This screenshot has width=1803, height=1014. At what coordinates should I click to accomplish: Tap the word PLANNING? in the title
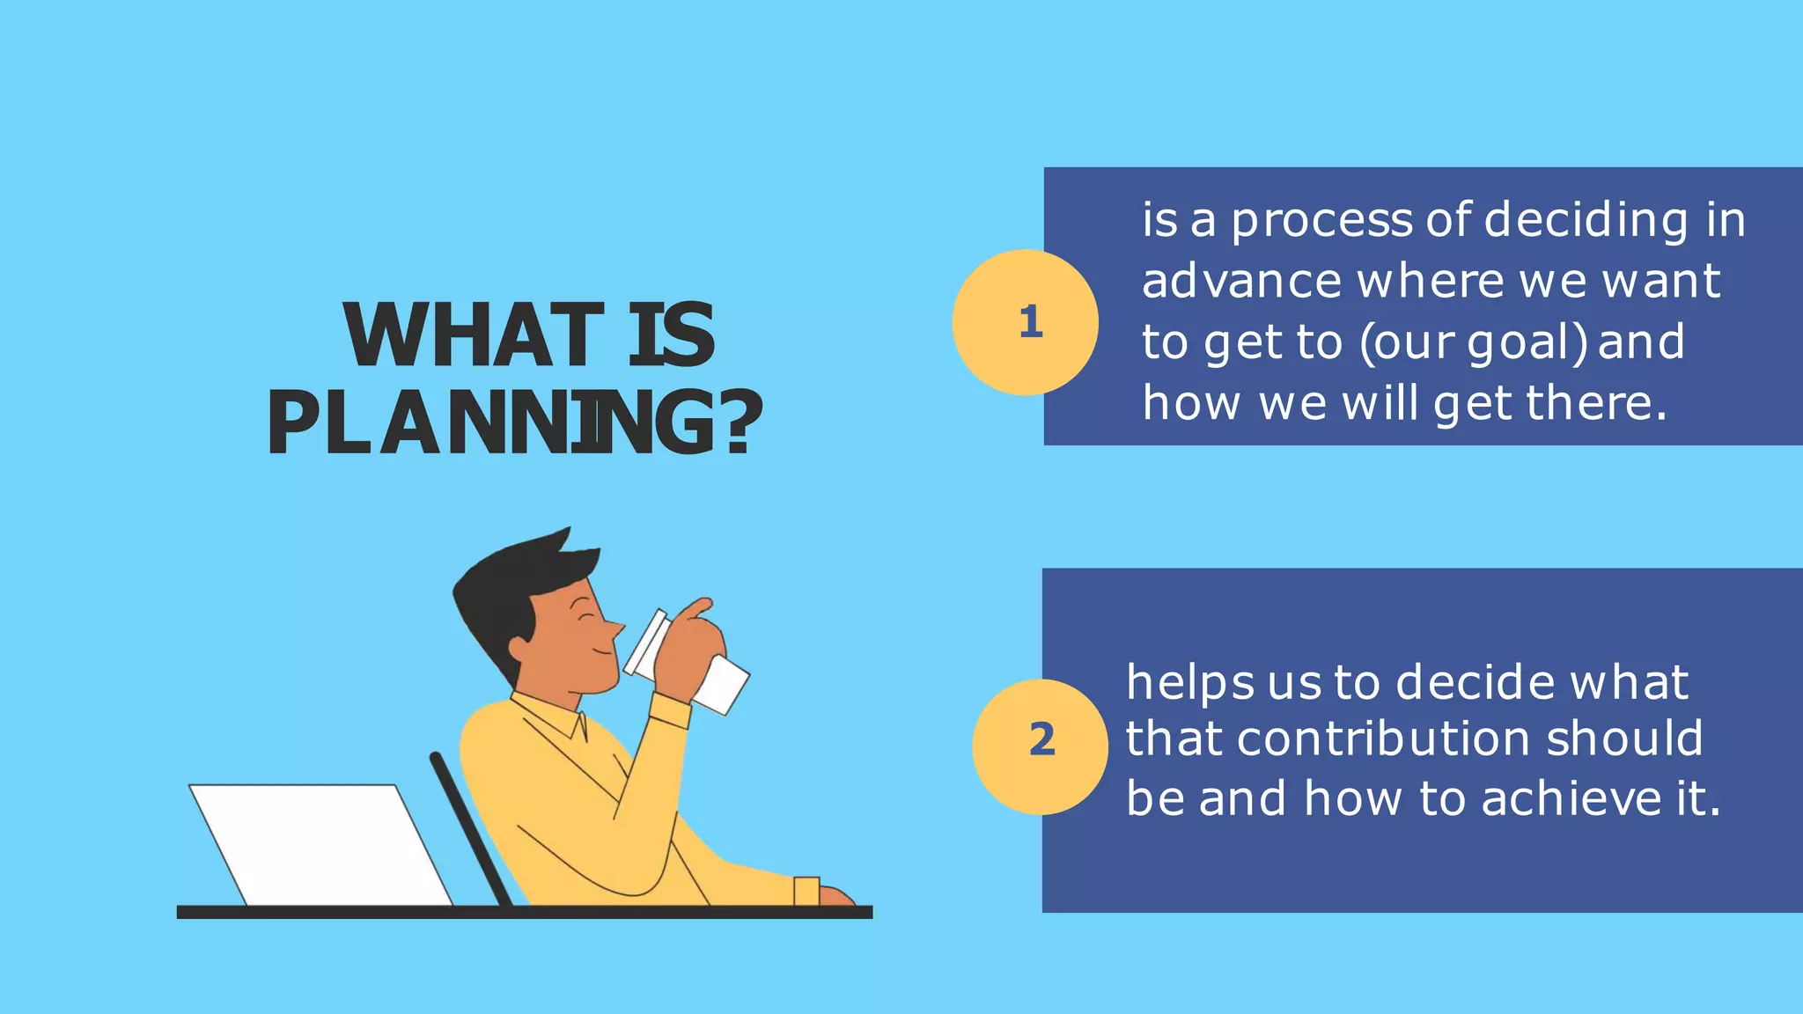[515, 423]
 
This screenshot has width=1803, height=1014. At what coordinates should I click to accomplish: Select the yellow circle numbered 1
[1025, 322]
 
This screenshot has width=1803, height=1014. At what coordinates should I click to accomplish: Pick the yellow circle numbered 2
[1040, 746]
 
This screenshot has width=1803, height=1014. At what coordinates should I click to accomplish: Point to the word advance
[1241, 281]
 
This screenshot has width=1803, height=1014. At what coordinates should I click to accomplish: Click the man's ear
[520, 650]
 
